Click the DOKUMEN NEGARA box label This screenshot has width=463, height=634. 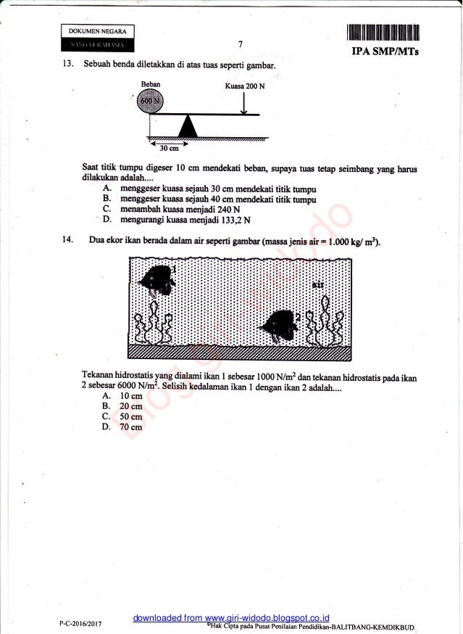98,31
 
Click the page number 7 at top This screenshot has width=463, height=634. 240,44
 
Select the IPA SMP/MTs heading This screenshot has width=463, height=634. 389,53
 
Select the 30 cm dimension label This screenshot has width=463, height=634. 170,149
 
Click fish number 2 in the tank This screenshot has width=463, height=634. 278,326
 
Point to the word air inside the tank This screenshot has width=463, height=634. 317,284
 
